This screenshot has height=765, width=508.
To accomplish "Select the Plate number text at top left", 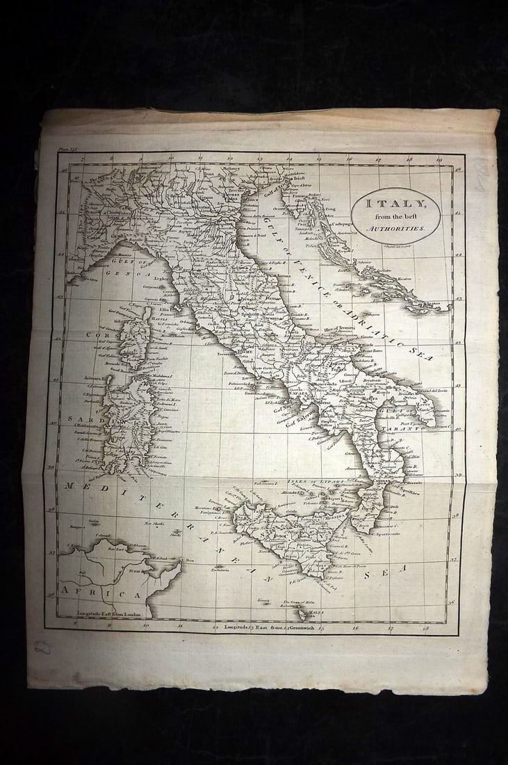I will point(71,148).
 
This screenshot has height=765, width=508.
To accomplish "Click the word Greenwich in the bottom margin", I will point(295,628).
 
